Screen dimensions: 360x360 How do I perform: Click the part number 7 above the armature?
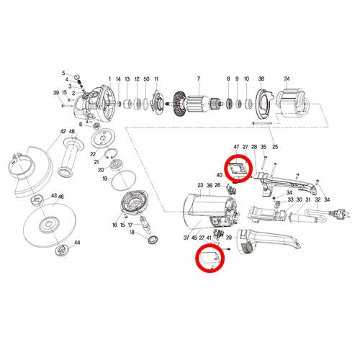pyautogui.click(x=199, y=78)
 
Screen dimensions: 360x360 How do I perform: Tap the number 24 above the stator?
pyautogui.click(x=287, y=78)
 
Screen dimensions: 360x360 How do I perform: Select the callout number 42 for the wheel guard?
pyautogui.click(x=63, y=131)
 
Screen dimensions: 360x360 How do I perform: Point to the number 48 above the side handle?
pyautogui.click(x=72, y=131)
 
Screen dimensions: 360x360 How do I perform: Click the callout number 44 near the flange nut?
pyautogui.click(x=77, y=243)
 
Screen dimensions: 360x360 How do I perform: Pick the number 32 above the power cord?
pyautogui.click(x=318, y=199)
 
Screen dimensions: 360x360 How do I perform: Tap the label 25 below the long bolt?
pyautogui.click(x=275, y=147)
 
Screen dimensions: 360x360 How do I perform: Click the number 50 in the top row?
pyautogui.click(x=146, y=79)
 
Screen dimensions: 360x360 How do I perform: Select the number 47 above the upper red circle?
pyautogui.click(x=236, y=147)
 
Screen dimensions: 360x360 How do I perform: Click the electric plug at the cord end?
pyautogui.click(x=340, y=213)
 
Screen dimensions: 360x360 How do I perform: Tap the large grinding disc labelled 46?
pyautogui.click(x=50, y=225)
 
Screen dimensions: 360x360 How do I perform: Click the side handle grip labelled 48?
pyautogui.click(x=71, y=157)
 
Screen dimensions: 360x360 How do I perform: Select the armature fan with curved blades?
pyautogui.click(x=179, y=104)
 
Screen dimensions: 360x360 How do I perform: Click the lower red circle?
pyautogui.click(x=210, y=258)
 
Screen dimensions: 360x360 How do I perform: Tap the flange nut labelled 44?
pyautogui.click(x=62, y=251)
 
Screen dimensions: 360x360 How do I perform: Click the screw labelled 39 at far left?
pyautogui.click(x=68, y=105)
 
